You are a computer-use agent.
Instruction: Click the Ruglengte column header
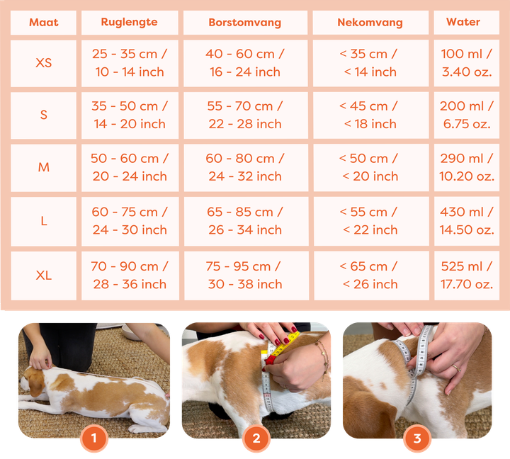(x=129, y=22)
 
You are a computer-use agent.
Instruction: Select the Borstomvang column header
(x=245, y=22)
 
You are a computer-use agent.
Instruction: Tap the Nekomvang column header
(x=370, y=22)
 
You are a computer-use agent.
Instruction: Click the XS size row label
(x=44, y=63)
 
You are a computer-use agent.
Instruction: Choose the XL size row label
(x=44, y=276)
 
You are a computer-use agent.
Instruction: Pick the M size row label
(x=44, y=167)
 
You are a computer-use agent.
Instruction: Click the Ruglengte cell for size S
(x=130, y=115)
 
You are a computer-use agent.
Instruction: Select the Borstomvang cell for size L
(x=245, y=220)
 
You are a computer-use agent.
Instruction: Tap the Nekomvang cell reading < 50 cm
(x=370, y=167)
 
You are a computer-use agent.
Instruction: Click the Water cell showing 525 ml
(x=467, y=276)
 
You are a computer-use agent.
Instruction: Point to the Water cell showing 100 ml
(x=467, y=63)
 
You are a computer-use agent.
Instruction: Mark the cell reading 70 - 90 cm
(x=130, y=276)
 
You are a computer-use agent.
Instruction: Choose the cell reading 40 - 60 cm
(x=245, y=63)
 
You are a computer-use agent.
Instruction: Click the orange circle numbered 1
(x=94, y=438)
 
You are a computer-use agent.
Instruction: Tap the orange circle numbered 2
(x=256, y=438)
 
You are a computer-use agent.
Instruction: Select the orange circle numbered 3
(x=417, y=438)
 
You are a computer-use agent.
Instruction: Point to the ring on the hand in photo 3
(x=457, y=368)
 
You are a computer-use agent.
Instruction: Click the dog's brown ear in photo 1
(x=36, y=384)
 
